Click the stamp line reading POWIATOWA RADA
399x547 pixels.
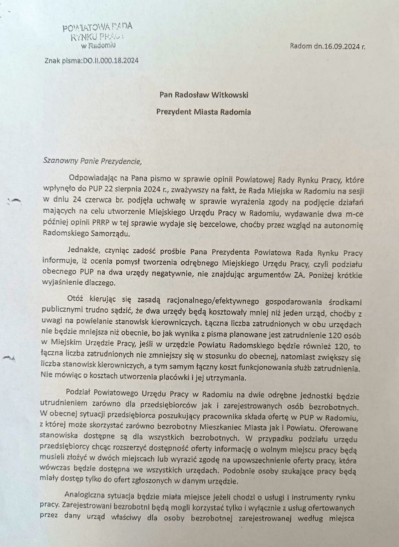pyautogui.click(x=98, y=27)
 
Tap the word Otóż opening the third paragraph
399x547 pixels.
pyautogui.click(x=76, y=299)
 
